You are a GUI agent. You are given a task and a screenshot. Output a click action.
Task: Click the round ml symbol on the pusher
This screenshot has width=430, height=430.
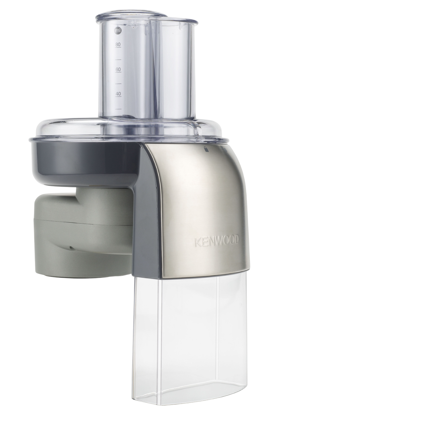118,31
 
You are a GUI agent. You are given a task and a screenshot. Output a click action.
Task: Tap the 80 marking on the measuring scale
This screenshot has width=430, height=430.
118,45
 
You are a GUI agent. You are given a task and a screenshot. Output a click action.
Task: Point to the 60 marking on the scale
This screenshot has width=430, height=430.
118,70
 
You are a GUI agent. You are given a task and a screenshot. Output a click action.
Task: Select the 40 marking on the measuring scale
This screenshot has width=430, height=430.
118,94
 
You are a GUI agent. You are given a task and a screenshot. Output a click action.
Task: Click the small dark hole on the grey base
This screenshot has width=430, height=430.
71,248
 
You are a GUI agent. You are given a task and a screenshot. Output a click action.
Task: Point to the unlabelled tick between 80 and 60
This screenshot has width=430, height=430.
118,59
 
